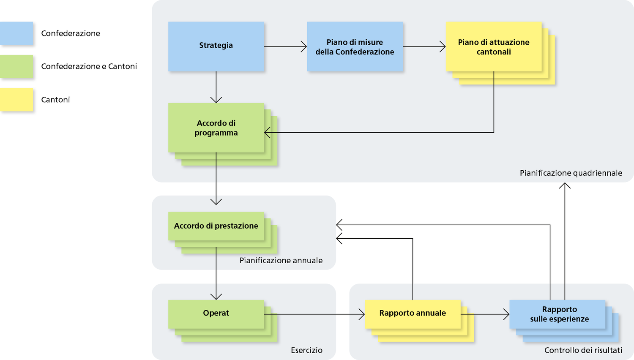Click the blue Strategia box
(x=216, y=46)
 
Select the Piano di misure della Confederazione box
(x=355, y=46)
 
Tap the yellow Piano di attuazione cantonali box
(x=494, y=46)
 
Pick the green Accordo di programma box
(x=216, y=128)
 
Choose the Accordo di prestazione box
(x=216, y=226)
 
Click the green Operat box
(x=216, y=314)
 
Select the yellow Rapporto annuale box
(x=413, y=314)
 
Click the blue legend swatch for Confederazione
(x=16, y=33)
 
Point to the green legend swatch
(x=16, y=66)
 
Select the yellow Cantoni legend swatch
(x=16, y=100)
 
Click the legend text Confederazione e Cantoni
(x=89, y=66)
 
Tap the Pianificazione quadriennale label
(x=571, y=173)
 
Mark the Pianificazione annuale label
(x=281, y=260)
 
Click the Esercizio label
(x=306, y=350)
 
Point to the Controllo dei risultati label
(x=583, y=350)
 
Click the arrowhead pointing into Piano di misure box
(x=304, y=46)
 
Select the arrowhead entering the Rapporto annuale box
(x=362, y=314)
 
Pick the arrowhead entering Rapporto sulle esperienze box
(x=506, y=314)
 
